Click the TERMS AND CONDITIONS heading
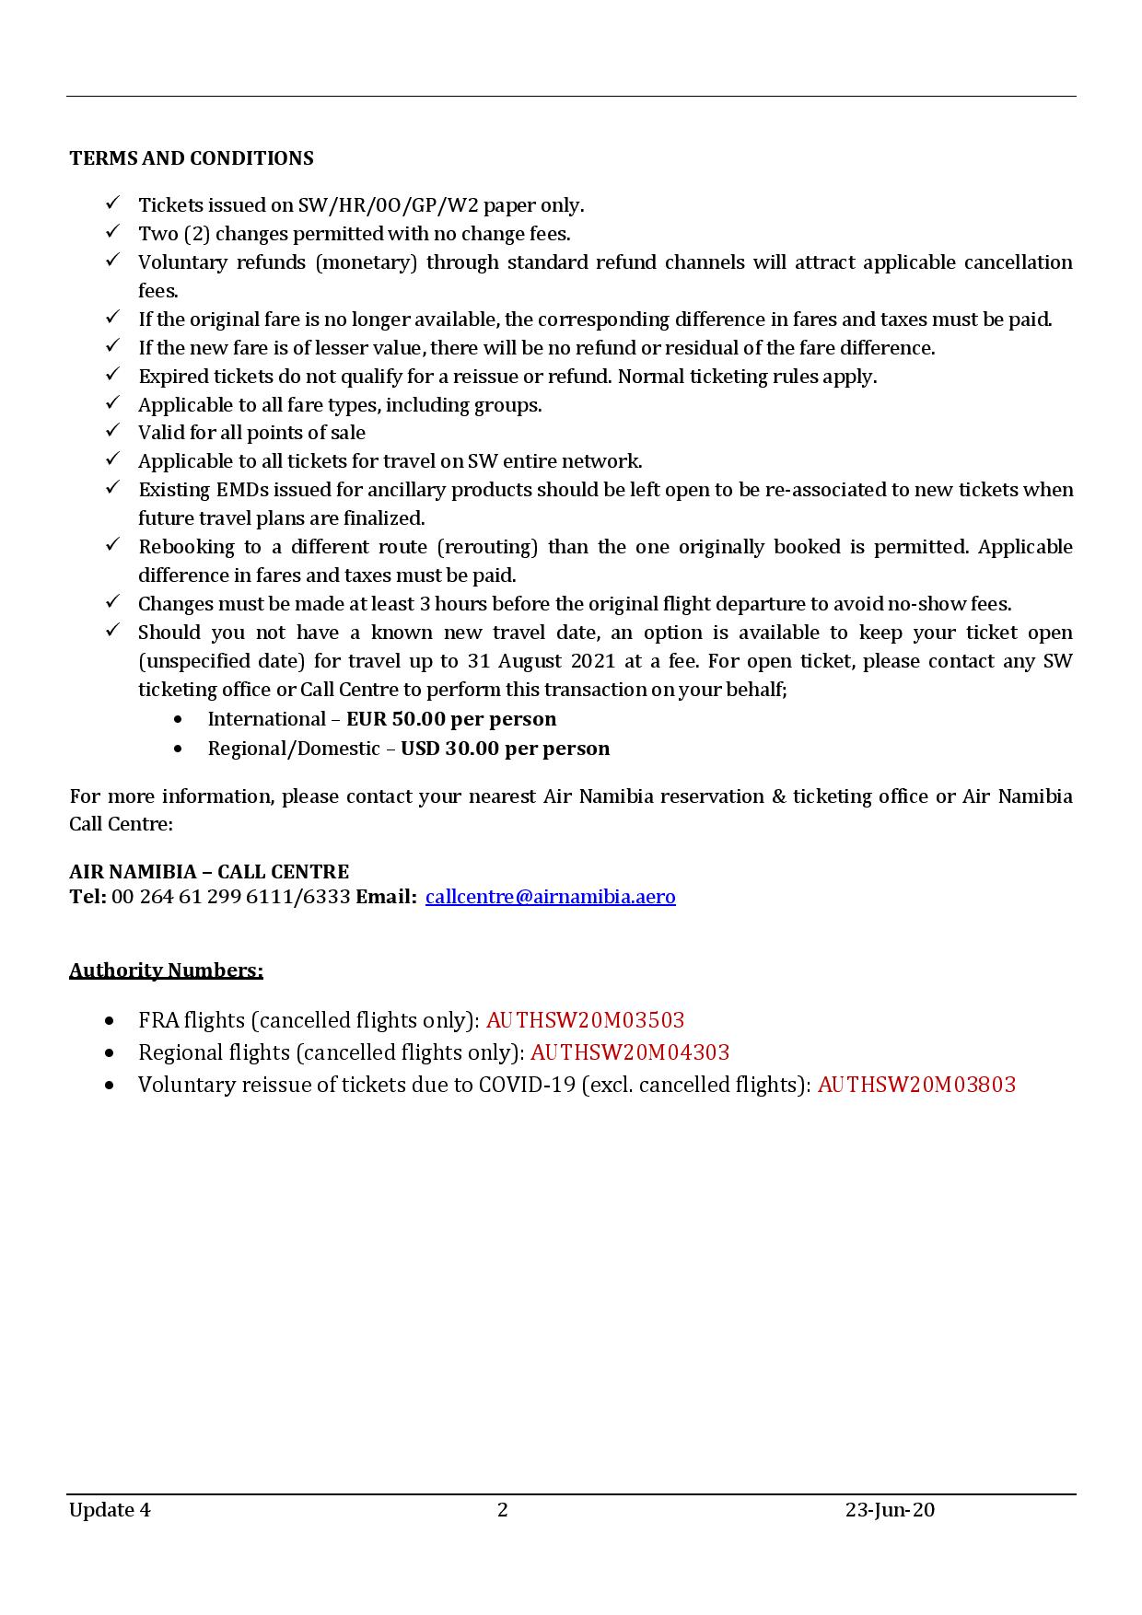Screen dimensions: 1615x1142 coord(191,158)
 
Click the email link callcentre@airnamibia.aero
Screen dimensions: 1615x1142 coord(550,897)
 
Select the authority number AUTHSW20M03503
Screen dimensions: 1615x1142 coord(585,1020)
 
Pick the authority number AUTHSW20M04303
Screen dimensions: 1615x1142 coord(630,1052)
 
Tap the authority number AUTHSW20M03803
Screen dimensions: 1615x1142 coord(916,1085)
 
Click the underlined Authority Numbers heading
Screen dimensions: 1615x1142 coord(166,970)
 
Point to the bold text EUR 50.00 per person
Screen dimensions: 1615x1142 coord(451,719)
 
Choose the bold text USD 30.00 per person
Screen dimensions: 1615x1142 coord(505,749)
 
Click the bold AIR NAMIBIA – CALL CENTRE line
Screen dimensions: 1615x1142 coord(209,872)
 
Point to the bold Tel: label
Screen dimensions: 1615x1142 coord(87,897)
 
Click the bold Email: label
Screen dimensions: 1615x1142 coord(386,897)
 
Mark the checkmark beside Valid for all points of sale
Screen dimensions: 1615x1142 coord(112,431)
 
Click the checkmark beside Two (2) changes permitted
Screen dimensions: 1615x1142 coord(112,232)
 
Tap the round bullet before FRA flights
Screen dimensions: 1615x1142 coord(111,1021)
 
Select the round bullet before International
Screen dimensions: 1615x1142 coord(179,719)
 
